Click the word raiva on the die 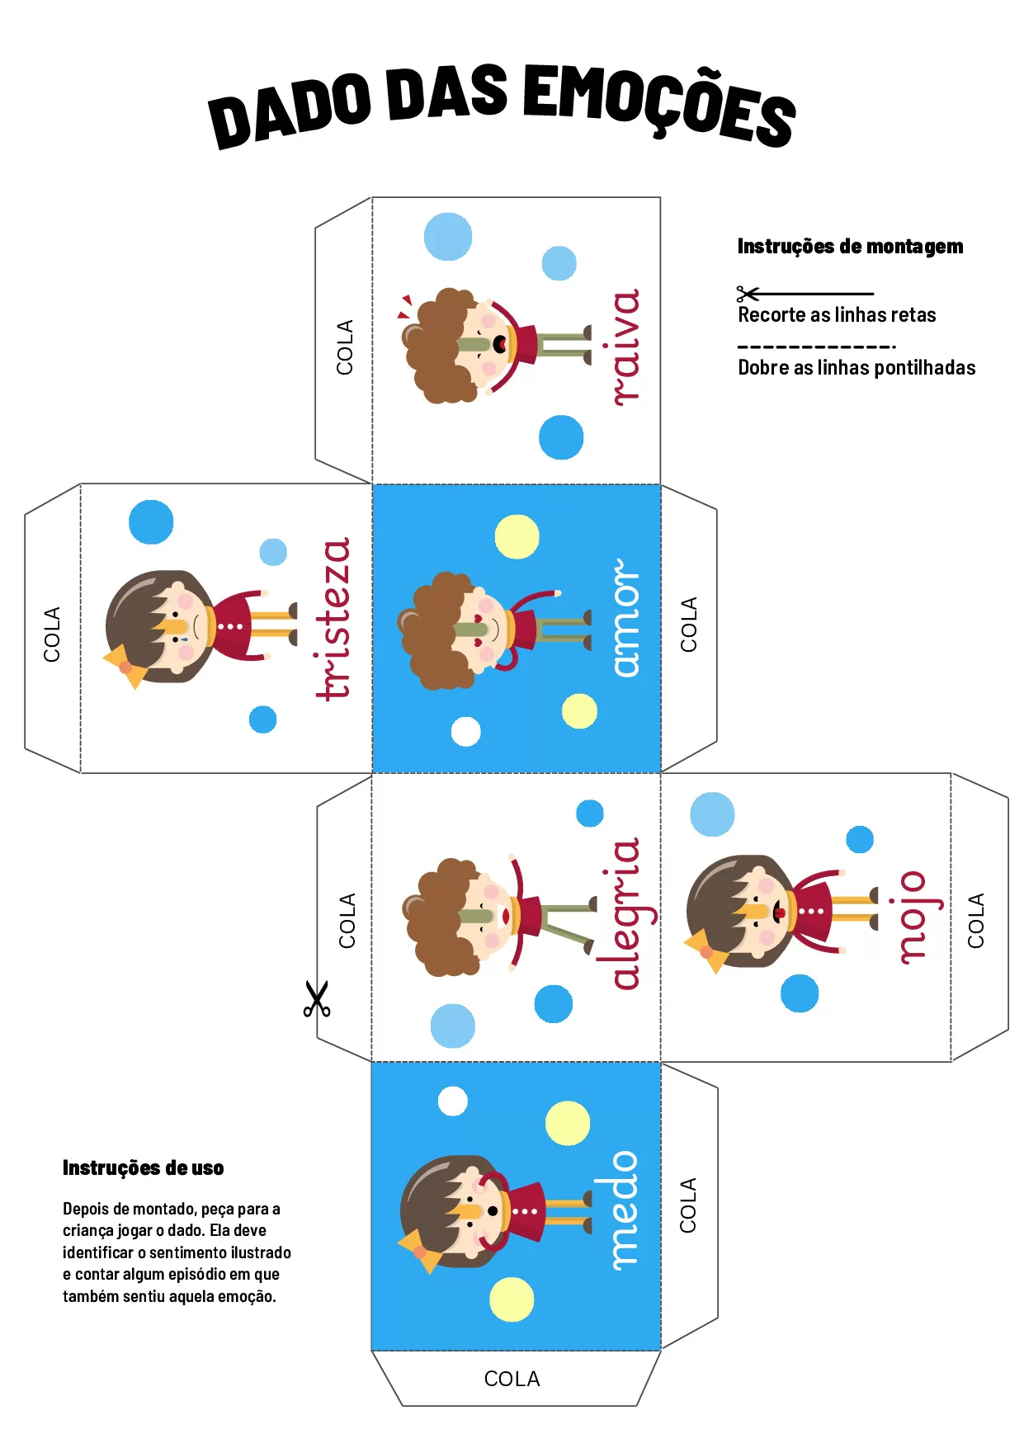(x=626, y=347)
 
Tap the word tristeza (x=333, y=619)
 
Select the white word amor (x=625, y=618)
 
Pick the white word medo (x=624, y=1210)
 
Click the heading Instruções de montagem (x=850, y=246)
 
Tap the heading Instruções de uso (x=143, y=1167)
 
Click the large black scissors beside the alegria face (x=316, y=998)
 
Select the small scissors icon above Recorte (x=748, y=294)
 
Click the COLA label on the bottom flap (x=512, y=1379)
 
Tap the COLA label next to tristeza (x=52, y=634)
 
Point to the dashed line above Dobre (x=816, y=347)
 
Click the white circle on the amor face (x=466, y=732)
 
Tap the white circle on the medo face (x=452, y=1101)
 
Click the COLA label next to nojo (x=976, y=920)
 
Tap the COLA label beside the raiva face (x=345, y=347)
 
